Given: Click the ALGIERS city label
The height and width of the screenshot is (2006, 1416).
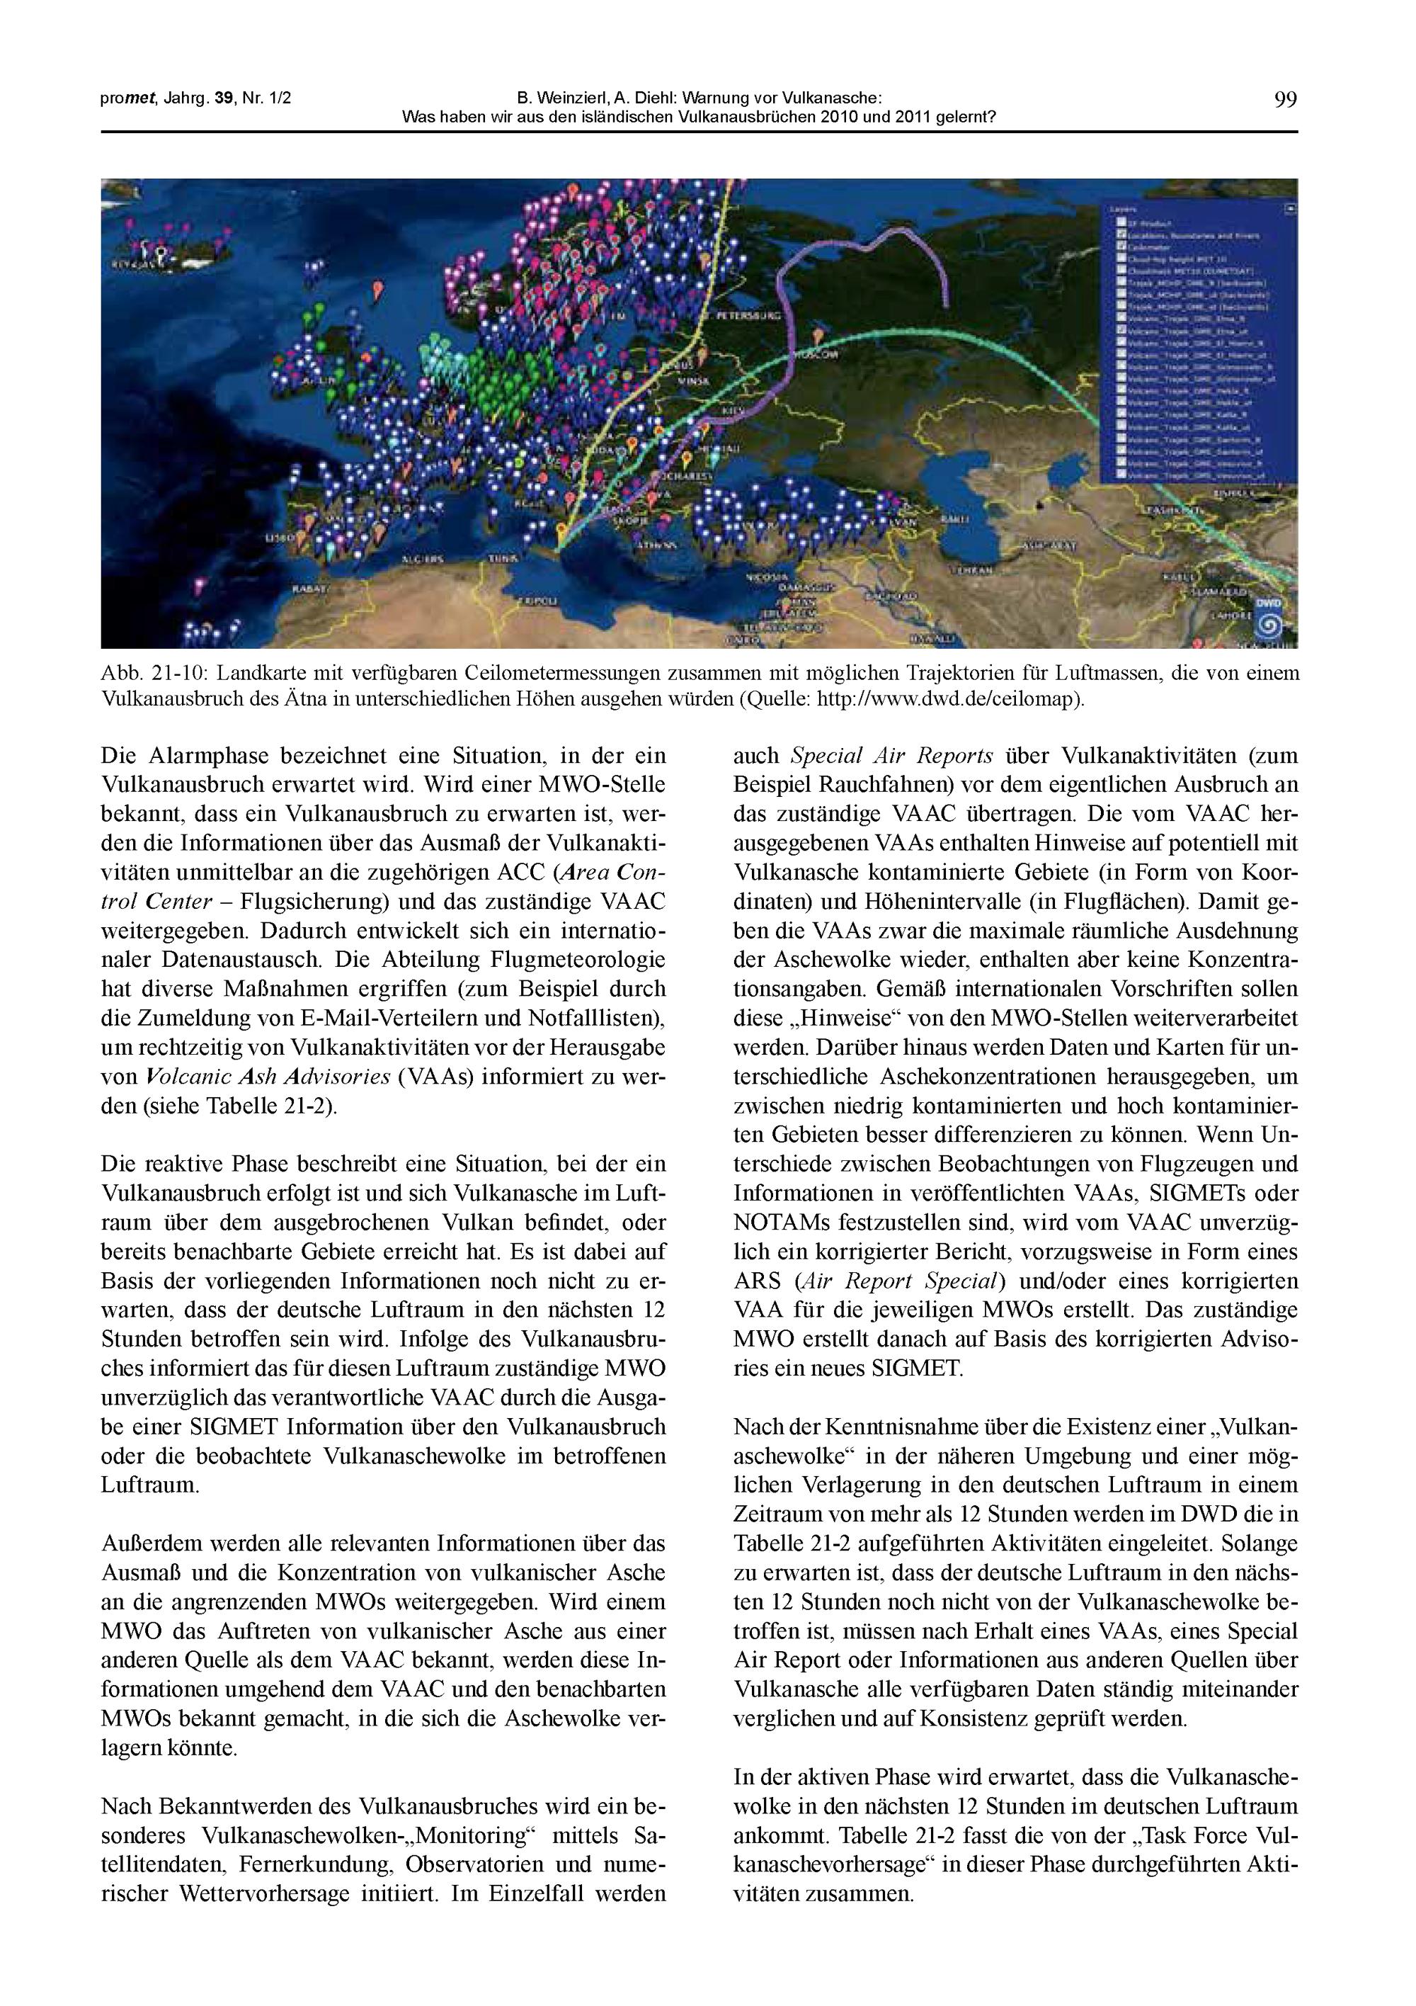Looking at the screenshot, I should pyautogui.click(x=422, y=558).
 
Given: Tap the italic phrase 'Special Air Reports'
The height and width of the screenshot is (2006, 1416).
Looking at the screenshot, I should pyautogui.click(x=892, y=756).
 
